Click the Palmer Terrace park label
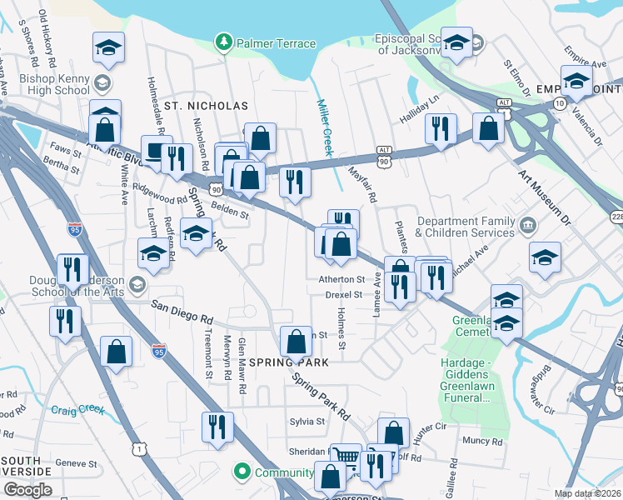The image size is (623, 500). coord(276,43)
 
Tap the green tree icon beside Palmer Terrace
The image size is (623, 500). coord(223,42)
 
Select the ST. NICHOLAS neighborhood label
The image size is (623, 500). coord(206,106)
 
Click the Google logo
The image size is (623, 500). coord(27,490)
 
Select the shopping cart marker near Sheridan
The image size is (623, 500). coord(346,457)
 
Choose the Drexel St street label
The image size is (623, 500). coord(344,294)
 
